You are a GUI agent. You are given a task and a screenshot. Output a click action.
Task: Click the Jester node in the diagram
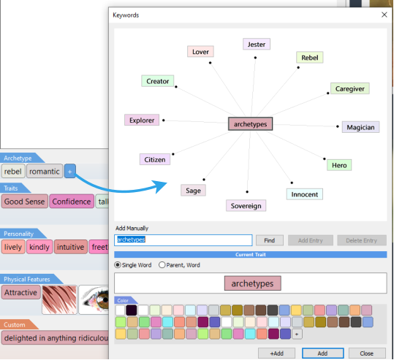(257, 45)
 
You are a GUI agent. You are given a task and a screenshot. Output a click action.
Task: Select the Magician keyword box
(360, 127)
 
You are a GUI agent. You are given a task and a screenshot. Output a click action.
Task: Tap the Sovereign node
(246, 206)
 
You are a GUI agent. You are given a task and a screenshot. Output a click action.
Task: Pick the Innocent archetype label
(305, 194)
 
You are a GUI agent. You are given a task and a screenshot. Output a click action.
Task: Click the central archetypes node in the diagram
(250, 124)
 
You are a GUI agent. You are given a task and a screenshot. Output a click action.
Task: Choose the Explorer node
(142, 120)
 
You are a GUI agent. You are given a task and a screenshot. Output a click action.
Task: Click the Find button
(270, 240)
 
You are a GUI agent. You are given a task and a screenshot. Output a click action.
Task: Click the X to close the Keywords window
(384, 15)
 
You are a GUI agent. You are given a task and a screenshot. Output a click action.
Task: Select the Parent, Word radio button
(162, 265)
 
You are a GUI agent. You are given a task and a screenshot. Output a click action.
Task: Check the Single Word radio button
(118, 265)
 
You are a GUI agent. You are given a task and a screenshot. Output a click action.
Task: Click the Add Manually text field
(183, 240)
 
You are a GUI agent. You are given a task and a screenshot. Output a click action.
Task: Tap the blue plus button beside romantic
(70, 171)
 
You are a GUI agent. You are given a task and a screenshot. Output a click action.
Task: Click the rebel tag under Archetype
(13, 171)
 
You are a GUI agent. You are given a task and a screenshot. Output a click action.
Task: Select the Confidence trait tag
(72, 202)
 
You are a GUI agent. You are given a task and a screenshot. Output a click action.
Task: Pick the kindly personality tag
(39, 247)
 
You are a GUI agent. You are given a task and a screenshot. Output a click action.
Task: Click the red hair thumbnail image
(59, 299)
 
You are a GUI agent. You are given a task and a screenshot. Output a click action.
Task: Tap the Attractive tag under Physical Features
(21, 292)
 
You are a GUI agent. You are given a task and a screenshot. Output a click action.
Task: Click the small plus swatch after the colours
(297, 334)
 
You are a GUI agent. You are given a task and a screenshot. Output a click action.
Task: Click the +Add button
(276, 353)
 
